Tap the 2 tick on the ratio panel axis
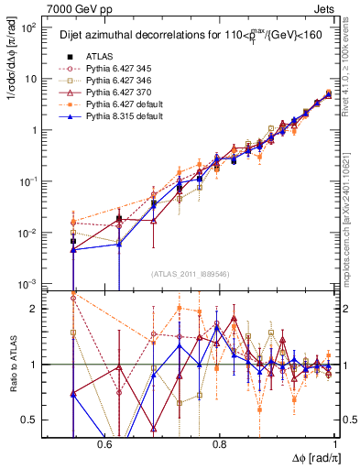click(37, 309)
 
